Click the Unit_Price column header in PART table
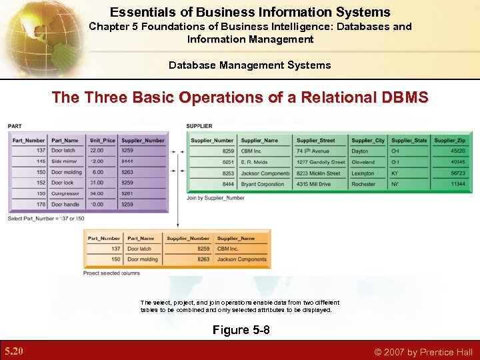pos(103,140)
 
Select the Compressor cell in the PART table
pos(65,193)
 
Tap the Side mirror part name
pos(64,161)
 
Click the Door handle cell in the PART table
pos(65,204)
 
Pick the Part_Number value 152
pos(41,183)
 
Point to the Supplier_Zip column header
pos(450,140)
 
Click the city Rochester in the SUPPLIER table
pos(363,184)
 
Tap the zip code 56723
pos(457,173)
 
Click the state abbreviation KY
pos(395,173)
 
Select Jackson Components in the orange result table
pos(241,259)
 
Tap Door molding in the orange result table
pos(143,259)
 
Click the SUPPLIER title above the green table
pos(199,126)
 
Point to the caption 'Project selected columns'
pos(111,273)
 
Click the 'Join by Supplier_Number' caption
pos(215,197)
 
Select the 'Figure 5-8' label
pos(241,330)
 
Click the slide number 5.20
pos(13,351)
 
